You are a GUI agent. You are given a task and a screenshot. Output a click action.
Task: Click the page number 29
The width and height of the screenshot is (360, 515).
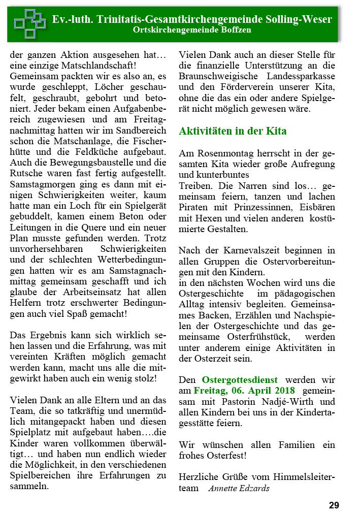334,505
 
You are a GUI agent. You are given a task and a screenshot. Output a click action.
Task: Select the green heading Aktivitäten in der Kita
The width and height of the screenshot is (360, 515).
233,131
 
